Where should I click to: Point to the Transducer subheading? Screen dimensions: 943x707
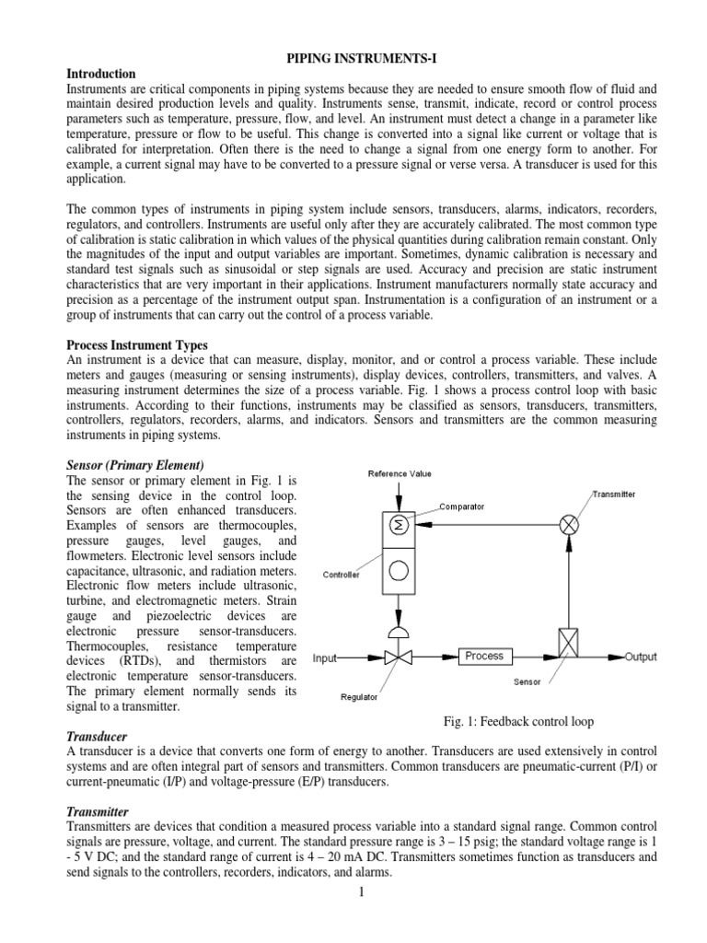click(97, 738)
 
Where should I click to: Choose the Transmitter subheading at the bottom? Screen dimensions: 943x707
click(99, 811)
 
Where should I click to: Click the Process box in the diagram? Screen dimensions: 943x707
click(484, 656)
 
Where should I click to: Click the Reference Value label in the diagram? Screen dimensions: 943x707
click(400, 474)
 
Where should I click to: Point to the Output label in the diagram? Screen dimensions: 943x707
click(641, 657)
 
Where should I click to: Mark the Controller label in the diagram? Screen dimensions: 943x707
click(341, 574)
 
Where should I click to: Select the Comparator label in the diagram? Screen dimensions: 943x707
click(462, 506)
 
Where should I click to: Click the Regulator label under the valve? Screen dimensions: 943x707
click(358, 698)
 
